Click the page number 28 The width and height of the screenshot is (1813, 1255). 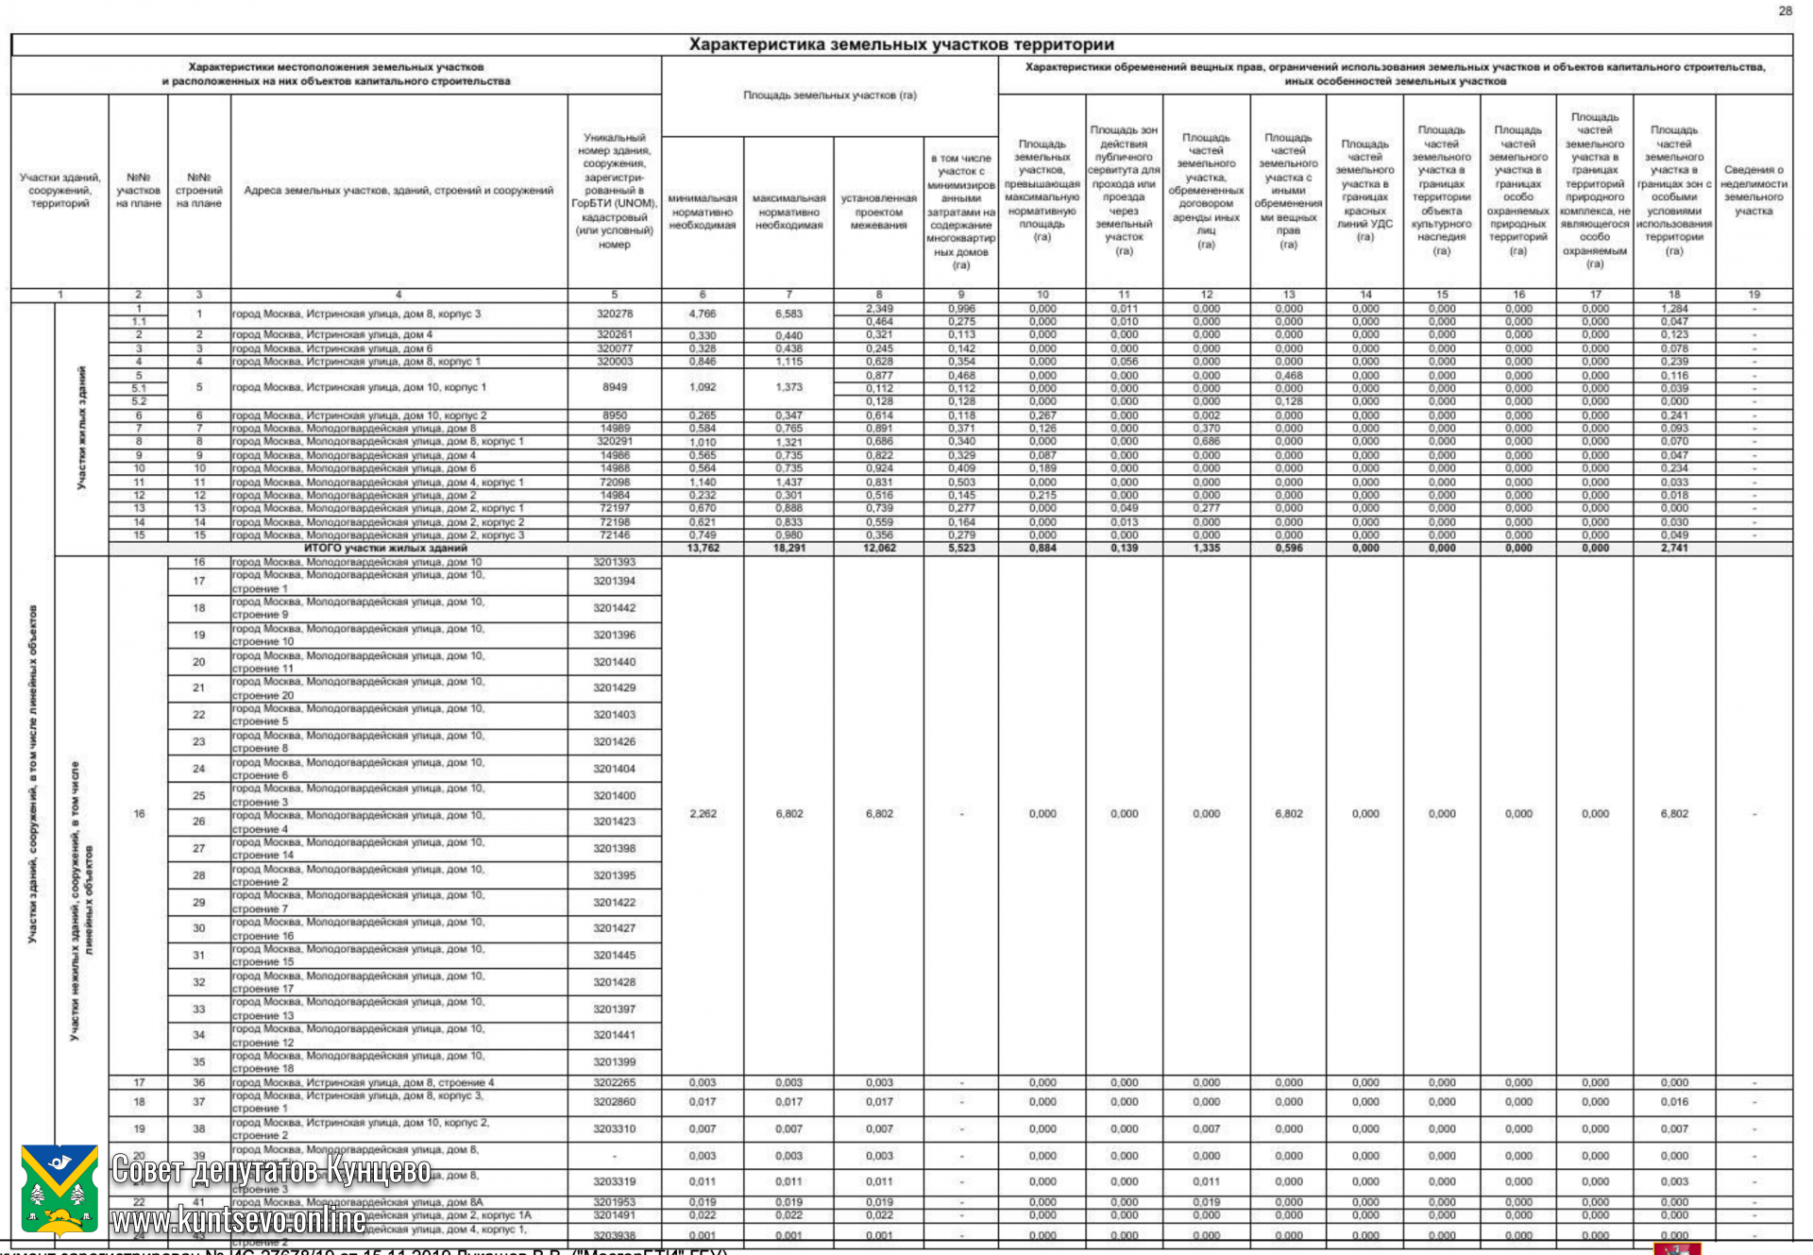[1785, 10]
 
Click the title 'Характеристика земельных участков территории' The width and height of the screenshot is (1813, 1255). [901, 44]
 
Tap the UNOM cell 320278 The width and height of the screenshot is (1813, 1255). [614, 314]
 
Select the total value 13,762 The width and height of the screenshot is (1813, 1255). [703, 548]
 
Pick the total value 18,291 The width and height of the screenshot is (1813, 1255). [788, 548]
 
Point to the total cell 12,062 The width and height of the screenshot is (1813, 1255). [878, 548]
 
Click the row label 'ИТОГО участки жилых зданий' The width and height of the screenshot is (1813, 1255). [385, 548]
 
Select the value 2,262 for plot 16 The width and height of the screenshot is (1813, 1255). [703, 813]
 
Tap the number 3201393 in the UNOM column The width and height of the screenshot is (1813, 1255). [614, 562]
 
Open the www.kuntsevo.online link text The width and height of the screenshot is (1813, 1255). [238, 1220]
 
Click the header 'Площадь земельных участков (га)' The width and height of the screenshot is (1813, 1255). [829, 95]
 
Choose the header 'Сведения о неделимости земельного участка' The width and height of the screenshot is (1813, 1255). [1753, 191]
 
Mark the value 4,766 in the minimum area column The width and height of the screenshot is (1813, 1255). [703, 314]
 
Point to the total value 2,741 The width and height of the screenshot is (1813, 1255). [1673, 548]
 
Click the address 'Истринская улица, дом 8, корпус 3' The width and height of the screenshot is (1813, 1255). [357, 314]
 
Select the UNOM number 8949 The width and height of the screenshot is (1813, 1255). [614, 387]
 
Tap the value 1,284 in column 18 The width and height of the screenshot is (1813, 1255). [1673, 309]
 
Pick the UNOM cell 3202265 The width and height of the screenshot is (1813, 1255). [614, 1082]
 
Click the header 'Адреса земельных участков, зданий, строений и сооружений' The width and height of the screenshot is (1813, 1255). [398, 191]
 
